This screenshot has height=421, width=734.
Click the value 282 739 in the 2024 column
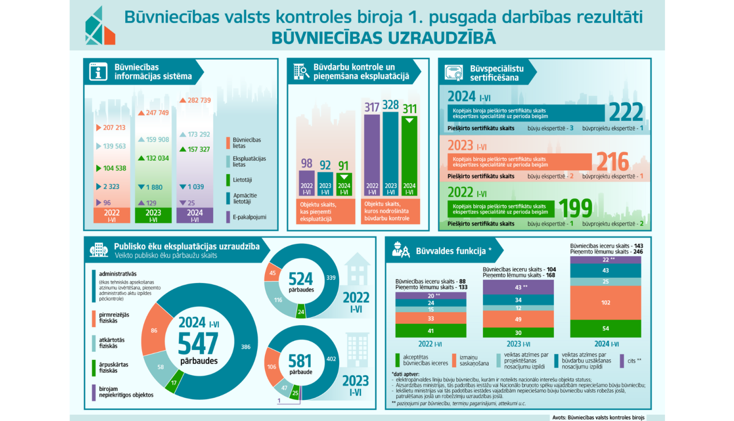click(x=199, y=100)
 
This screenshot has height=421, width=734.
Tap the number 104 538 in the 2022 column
click(x=114, y=168)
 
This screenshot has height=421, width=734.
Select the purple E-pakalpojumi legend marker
click(x=228, y=217)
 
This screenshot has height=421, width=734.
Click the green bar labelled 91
click(x=344, y=184)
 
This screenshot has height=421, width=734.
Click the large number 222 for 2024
click(x=626, y=113)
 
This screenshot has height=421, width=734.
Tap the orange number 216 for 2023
click(x=613, y=162)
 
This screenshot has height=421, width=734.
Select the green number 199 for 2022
click(x=575, y=209)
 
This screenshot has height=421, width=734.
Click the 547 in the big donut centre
click(x=198, y=344)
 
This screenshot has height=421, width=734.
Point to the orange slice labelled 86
click(x=154, y=330)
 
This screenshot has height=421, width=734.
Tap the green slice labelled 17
click(x=174, y=383)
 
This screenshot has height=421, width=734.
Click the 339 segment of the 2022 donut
click(x=331, y=278)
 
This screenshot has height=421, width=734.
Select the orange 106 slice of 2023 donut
click(x=272, y=367)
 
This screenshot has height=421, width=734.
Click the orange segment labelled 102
click(x=605, y=303)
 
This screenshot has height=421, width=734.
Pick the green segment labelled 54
click(x=605, y=328)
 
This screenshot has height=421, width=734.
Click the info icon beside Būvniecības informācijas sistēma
click(x=98, y=72)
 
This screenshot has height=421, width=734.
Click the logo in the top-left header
click(x=100, y=26)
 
